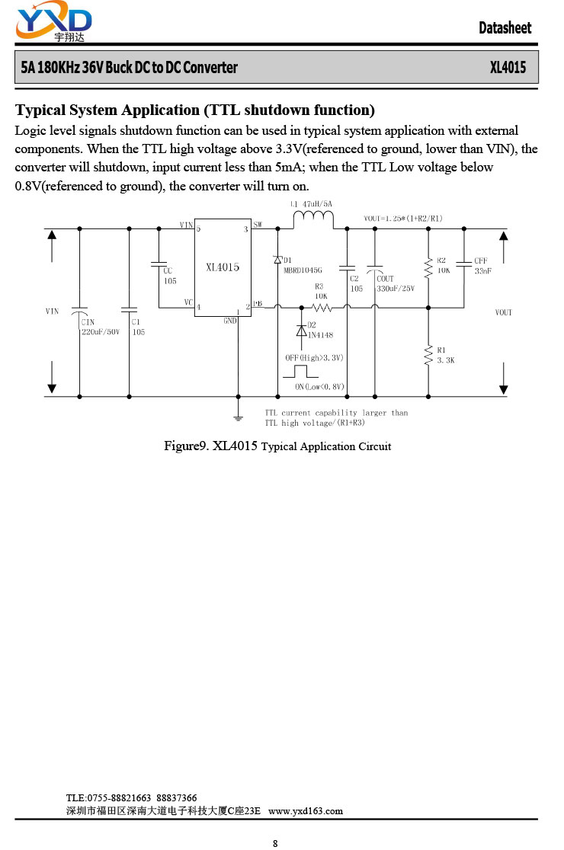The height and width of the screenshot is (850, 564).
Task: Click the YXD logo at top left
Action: point(53,21)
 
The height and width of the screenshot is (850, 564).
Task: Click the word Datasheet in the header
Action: point(505,27)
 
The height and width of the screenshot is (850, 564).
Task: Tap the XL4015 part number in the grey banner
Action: point(508,67)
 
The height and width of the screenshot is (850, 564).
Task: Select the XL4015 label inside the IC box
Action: point(223,267)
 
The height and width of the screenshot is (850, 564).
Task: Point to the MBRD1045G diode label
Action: point(303,270)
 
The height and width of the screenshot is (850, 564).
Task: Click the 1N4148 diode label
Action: point(321,335)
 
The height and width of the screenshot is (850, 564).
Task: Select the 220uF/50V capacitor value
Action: point(101,332)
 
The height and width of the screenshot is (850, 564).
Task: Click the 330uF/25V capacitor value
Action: point(396,289)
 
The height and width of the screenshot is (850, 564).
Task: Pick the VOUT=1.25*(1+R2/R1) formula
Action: point(403,219)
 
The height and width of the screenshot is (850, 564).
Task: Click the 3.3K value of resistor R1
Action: point(446,360)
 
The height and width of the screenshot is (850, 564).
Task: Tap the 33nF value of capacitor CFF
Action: point(482,270)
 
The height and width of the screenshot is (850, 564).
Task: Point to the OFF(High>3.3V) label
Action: point(314,358)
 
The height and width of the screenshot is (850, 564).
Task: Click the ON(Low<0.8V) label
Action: point(319,386)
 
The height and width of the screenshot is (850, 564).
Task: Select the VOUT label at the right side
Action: point(503,312)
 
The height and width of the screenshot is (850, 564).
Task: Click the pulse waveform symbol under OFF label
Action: point(300,372)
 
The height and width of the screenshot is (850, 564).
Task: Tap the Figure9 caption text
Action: point(277,446)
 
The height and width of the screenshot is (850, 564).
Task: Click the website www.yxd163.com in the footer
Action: point(306,811)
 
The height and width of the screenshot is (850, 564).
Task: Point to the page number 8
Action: point(275,843)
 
